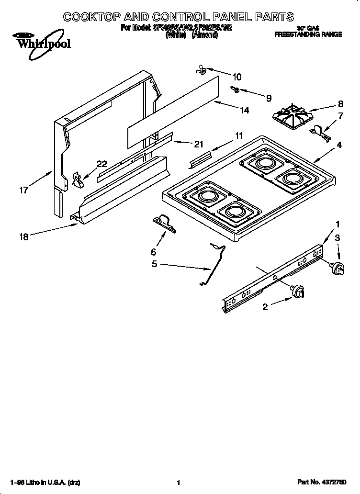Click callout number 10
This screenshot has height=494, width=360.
click(x=237, y=77)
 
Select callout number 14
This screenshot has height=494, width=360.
click(x=244, y=110)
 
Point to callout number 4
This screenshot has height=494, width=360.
click(x=339, y=145)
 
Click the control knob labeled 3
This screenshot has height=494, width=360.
click(x=338, y=269)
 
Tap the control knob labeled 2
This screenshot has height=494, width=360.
click(x=298, y=290)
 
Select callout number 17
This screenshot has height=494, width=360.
click(x=23, y=190)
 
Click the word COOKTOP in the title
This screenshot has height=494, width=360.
click(x=95, y=17)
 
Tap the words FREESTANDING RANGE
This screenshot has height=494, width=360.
click(x=307, y=34)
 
